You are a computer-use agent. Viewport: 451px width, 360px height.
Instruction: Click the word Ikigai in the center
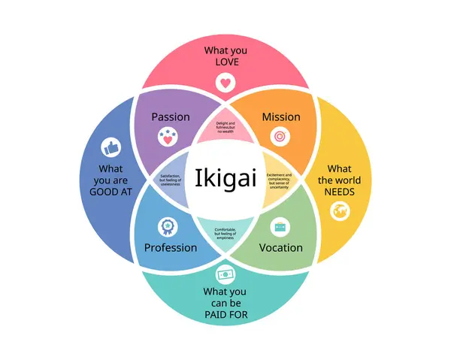(x=225, y=180)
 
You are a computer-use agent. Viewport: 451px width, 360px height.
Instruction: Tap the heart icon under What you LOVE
(x=229, y=82)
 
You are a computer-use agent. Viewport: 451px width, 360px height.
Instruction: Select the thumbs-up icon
(x=111, y=146)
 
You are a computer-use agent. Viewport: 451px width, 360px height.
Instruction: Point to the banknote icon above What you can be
(x=225, y=273)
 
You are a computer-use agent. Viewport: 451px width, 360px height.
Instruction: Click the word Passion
(x=171, y=116)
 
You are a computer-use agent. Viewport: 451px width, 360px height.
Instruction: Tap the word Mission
(x=281, y=116)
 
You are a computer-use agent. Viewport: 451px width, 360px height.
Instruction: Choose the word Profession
(x=171, y=247)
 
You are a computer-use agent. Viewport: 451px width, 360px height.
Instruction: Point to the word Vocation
(x=281, y=247)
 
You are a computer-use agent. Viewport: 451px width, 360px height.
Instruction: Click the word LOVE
(x=226, y=62)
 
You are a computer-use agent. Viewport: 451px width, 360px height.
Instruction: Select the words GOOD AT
(x=110, y=192)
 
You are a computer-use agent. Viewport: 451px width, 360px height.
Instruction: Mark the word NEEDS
(x=339, y=192)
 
